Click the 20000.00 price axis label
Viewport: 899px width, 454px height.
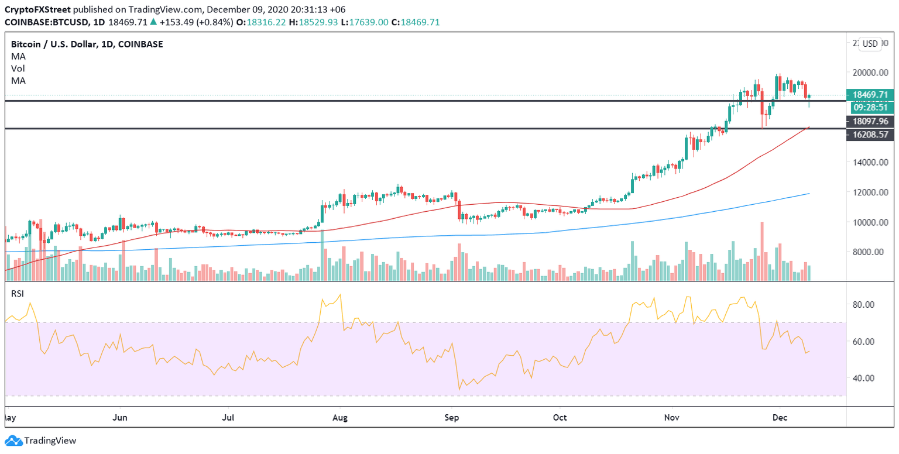(x=867, y=73)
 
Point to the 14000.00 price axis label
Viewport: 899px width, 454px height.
(x=867, y=162)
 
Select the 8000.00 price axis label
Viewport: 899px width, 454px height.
(x=869, y=252)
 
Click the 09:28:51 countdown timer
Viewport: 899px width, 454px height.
(x=869, y=107)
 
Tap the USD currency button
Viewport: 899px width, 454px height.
(x=870, y=44)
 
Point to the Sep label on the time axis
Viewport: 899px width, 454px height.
(x=451, y=418)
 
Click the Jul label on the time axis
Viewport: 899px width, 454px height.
(x=228, y=418)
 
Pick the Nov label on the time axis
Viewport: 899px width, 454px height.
(x=672, y=418)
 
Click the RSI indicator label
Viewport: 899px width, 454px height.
(x=18, y=294)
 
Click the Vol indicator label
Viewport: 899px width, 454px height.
(x=18, y=68)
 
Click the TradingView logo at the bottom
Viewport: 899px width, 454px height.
(x=40, y=441)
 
